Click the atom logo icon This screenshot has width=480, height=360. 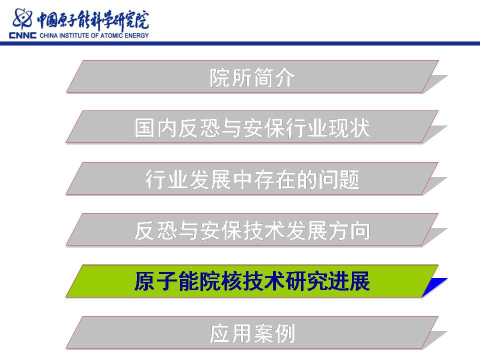(22, 19)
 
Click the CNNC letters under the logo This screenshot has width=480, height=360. (22, 35)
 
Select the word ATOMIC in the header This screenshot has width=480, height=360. (111, 35)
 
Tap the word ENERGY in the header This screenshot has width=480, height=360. (136, 35)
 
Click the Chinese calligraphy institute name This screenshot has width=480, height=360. (93, 20)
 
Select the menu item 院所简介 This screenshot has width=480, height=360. (252, 77)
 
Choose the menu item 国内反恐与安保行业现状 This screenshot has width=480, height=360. (252, 127)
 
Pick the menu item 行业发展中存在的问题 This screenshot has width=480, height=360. (252, 179)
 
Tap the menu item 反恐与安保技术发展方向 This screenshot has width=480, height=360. (252, 230)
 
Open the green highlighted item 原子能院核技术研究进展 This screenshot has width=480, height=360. (252, 281)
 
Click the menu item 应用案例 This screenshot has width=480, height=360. (252, 333)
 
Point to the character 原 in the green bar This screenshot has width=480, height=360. (145, 281)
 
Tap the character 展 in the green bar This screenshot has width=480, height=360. (359, 281)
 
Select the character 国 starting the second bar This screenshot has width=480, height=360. (145, 127)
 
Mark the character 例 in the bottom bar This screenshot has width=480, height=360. (284, 333)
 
